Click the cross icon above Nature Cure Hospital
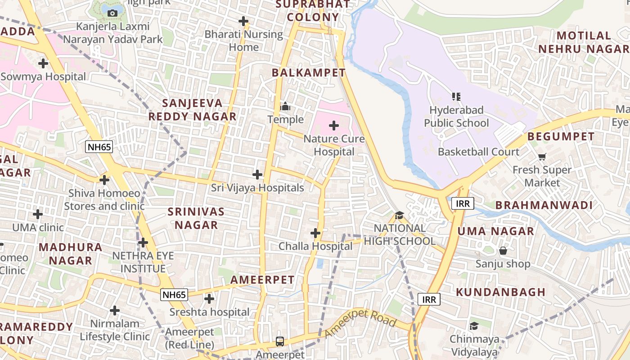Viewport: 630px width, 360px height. (334, 126)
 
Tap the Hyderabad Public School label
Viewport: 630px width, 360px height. (456, 117)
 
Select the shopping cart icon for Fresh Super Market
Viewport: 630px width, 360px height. (542, 157)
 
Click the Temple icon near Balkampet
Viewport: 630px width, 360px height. (285, 107)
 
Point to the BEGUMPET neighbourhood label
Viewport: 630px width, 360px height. (561, 136)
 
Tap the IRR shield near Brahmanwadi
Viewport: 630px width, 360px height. (463, 204)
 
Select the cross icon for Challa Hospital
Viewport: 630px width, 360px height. (315, 233)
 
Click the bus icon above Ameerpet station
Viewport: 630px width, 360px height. (280, 341)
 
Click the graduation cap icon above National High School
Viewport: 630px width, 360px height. (399, 215)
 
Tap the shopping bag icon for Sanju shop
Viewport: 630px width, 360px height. (503, 250)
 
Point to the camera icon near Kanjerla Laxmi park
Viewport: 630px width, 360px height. (112, 13)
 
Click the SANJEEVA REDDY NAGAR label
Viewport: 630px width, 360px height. (192, 110)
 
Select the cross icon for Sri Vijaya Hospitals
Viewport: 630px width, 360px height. (257, 174)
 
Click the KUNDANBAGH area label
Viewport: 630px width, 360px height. (500, 292)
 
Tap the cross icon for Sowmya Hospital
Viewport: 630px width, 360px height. (43, 63)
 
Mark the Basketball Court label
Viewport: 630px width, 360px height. (478, 152)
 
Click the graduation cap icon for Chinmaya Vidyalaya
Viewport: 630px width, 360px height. (474, 326)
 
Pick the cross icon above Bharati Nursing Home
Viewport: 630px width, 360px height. (243, 21)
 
